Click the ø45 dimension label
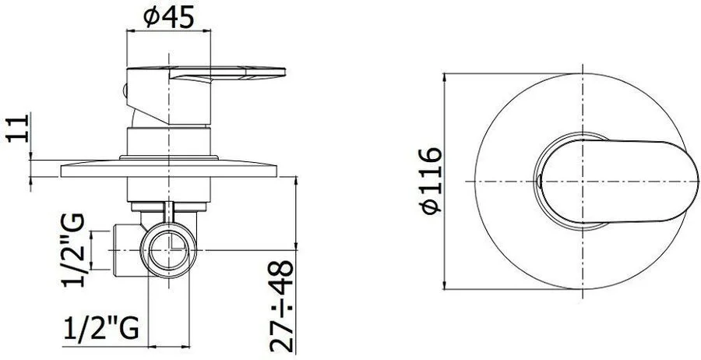pyautogui.click(x=168, y=17)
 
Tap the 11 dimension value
pyautogui.click(x=18, y=129)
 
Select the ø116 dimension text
pyautogui.click(x=431, y=181)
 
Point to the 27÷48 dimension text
pyautogui.click(x=282, y=306)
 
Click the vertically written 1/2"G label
pyautogui.click(x=72, y=250)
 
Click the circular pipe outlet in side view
pyautogui.click(x=168, y=250)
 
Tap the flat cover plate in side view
pyautogui.click(x=168, y=168)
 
